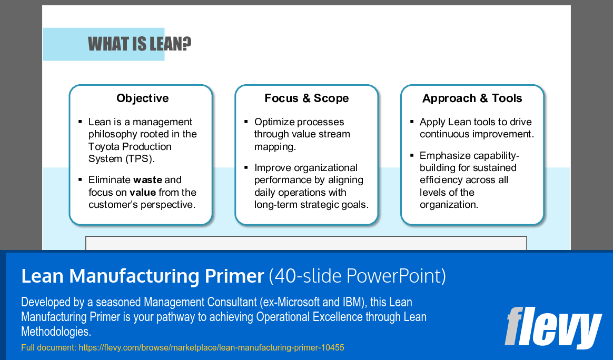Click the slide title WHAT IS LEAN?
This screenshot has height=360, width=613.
[x=139, y=44]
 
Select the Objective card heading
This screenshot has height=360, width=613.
[x=142, y=98]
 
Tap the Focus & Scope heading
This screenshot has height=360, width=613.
[x=306, y=98]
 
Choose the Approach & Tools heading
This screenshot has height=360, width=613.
[x=472, y=98]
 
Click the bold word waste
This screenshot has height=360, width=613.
[x=147, y=180]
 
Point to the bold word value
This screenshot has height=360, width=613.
[x=143, y=193]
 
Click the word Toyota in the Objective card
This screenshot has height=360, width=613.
[x=103, y=146]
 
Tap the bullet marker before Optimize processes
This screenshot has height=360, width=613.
[x=246, y=122]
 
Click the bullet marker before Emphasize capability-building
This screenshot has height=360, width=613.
[x=412, y=155]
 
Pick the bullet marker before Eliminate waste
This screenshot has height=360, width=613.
[x=80, y=179]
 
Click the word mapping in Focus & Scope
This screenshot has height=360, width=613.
[x=275, y=147]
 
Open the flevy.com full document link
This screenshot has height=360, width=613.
[x=211, y=347]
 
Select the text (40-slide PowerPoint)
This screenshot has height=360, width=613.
[x=357, y=276]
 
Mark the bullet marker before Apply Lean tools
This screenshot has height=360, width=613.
[x=412, y=122]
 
